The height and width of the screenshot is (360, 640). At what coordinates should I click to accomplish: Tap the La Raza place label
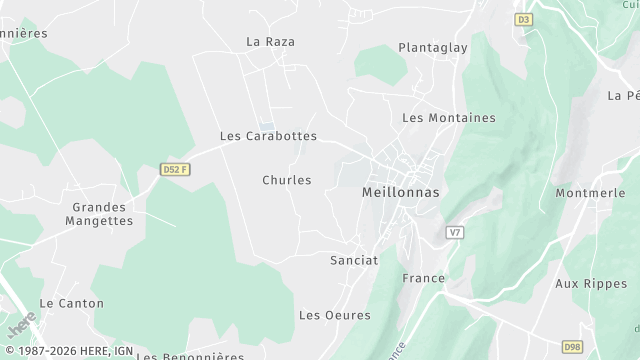tap(270, 42)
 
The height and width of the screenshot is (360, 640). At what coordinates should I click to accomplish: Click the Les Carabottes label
tap(268, 136)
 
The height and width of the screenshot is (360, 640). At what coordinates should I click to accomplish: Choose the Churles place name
tap(287, 180)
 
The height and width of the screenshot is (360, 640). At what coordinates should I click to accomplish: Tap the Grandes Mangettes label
tap(99, 214)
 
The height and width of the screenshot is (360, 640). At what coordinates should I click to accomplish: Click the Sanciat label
tap(354, 260)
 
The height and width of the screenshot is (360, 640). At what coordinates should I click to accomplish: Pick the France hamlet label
tap(422, 277)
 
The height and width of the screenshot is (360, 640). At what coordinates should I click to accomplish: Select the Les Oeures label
tap(335, 315)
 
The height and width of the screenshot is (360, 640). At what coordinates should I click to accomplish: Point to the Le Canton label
tap(71, 302)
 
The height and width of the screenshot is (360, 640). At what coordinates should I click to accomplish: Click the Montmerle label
tap(590, 193)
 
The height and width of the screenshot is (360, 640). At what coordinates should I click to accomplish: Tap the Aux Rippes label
tap(589, 283)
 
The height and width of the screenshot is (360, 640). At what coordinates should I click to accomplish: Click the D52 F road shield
tap(175, 170)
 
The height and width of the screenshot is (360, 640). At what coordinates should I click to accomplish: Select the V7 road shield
tap(456, 232)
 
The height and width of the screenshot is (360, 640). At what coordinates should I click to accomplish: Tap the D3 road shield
tap(524, 19)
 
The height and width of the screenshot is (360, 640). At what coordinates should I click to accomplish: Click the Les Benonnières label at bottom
tap(190, 355)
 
